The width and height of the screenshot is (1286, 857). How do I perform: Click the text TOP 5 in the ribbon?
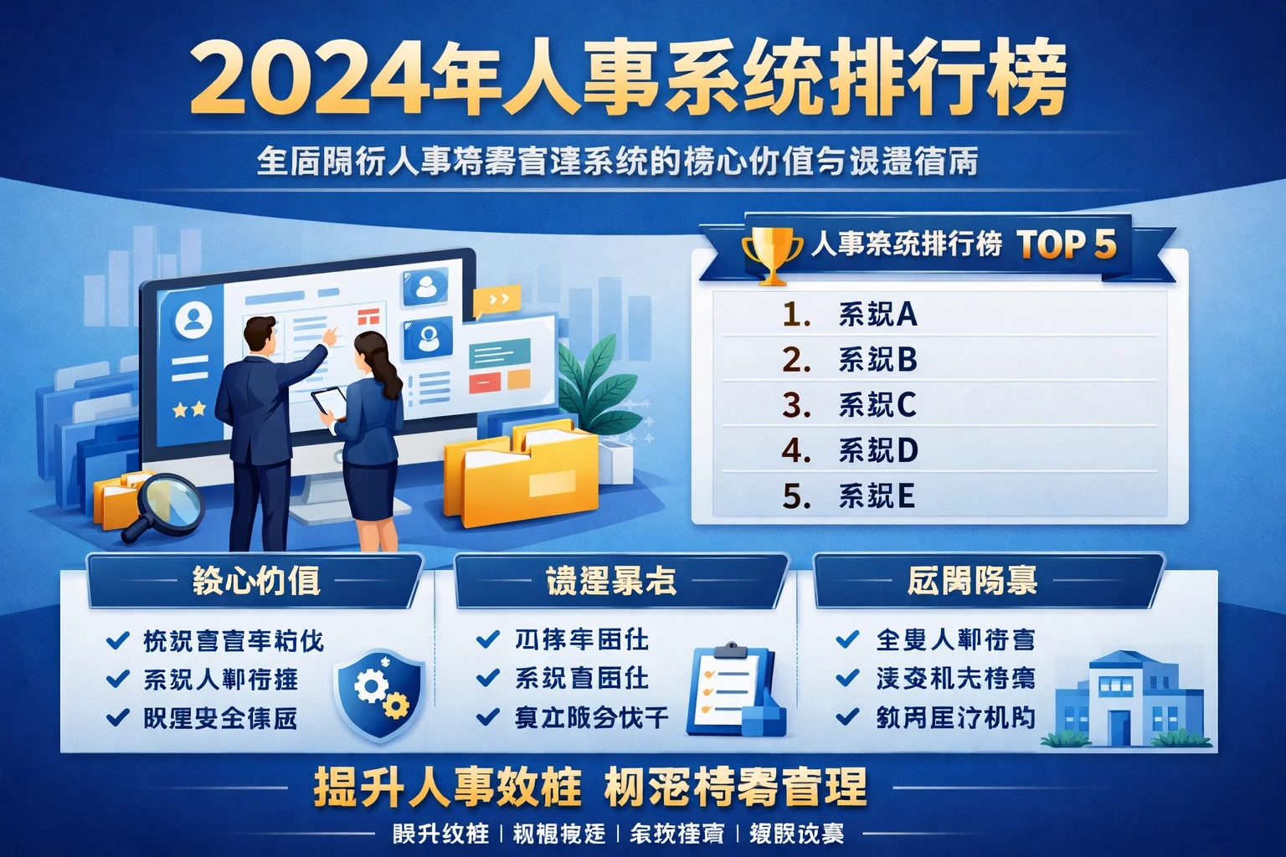(x=1067, y=244)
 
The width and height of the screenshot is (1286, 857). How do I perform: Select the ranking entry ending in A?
(x=877, y=315)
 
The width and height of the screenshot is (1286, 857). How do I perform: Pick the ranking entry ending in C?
(x=877, y=405)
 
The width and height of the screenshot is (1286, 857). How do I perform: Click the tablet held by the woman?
(x=329, y=402)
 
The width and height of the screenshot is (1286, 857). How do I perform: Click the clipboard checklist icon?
(x=729, y=689)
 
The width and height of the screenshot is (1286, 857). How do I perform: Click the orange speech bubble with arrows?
(x=496, y=300)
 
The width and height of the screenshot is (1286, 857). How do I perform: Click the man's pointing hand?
(x=332, y=334)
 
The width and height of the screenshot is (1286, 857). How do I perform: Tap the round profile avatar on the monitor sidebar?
(x=194, y=319)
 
